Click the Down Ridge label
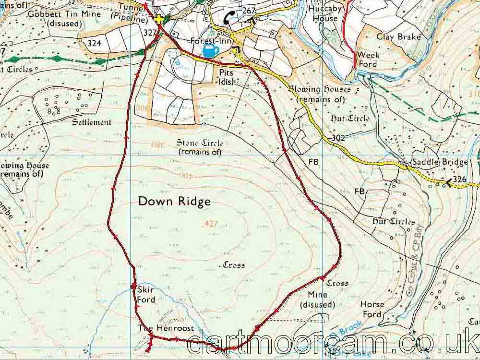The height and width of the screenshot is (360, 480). click(174, 202)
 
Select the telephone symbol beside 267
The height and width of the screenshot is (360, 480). click(230, 18)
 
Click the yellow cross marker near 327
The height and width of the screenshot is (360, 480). click(159, 19)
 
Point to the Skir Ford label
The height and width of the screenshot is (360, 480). click(146, 295)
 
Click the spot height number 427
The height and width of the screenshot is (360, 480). click(211, 224)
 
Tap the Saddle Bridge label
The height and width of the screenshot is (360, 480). click(439, 163)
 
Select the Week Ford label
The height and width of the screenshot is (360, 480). click(369, 60)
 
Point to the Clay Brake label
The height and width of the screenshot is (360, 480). click(398, 37)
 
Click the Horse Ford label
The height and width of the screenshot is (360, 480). click(372, 310)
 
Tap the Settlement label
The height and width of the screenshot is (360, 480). click(91, 122)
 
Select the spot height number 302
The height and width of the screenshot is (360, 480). click(338, 138)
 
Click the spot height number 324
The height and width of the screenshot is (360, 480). click(95, 43)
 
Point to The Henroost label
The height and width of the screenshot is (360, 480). click(166, 328)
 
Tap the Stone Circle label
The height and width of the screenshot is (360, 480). click(199, 147)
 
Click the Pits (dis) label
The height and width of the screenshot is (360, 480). click(226, 76)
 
